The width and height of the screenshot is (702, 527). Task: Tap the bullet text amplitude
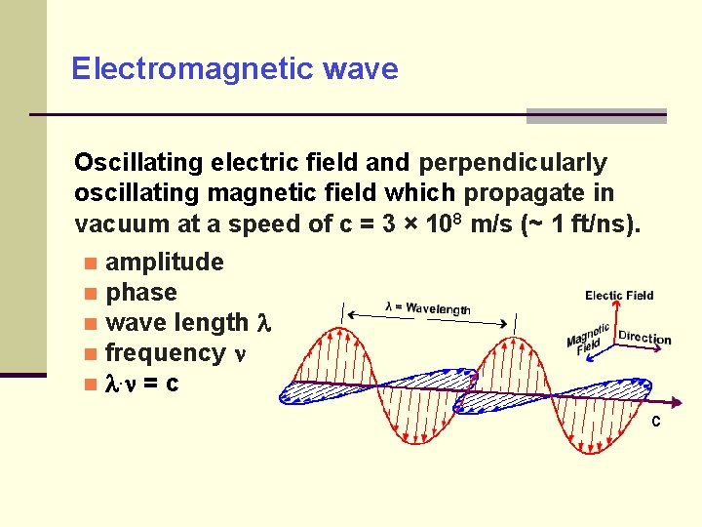(x=164, y=263)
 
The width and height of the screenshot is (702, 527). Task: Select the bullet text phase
(x=141, y=293)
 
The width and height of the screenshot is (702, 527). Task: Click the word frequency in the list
(x=165, y=353)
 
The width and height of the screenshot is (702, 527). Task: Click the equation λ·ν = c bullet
(x=142, y=384)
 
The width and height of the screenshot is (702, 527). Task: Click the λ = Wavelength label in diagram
(x=428, y=308)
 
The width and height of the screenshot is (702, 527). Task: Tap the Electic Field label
(x=619, y=296)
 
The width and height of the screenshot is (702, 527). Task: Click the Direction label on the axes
(x=644, y=338)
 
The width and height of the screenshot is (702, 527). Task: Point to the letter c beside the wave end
(x=656, y=422)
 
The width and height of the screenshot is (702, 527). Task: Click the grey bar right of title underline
(x=596, y=116)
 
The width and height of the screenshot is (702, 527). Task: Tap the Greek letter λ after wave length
(x=261, y=323)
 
